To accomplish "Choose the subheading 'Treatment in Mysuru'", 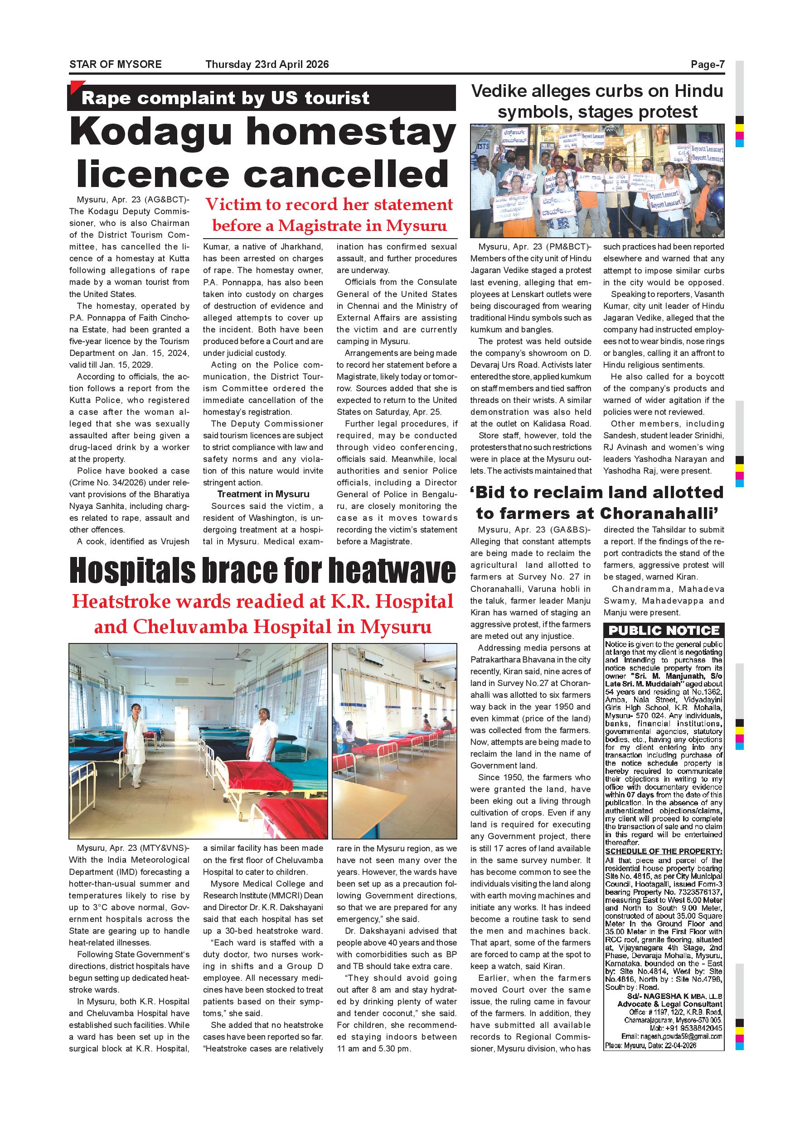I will pyautogui.click(x=263, y=494).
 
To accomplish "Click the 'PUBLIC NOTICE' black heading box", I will pyautogui.click(x=664, y=630).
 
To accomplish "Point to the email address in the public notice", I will pyautogui.click(x=672, y=1037).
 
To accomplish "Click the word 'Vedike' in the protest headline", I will pyautogui.click(x=506, y=91).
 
